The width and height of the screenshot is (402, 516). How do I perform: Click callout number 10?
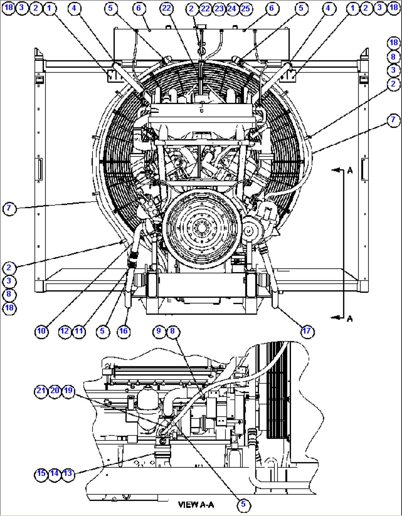[x=41, y=331]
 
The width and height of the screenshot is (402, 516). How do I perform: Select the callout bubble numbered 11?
[x=79, y=331]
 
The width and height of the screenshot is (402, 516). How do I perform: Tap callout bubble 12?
[x=65, y=331]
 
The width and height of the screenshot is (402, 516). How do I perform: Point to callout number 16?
[x=123, y=331]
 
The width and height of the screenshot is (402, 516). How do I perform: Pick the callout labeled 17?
[x=307, y=331]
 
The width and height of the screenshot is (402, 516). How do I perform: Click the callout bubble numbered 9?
[x=159, y=331]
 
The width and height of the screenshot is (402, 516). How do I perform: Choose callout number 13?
[x=68, y=473]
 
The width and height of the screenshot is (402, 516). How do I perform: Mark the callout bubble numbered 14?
[x=55, y=473]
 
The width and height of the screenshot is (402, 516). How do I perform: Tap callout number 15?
[x=41, y=473]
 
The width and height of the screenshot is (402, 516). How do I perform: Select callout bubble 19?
[x=68, y=390]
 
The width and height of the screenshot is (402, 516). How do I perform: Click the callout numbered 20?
[x=55, y=390]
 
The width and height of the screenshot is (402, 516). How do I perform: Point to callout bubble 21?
[x=41, y=390]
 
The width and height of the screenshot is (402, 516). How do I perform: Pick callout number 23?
[x=219, y=8]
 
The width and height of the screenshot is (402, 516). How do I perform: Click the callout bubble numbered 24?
[x=232, y=8]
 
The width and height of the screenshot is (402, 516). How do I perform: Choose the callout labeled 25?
[x=245, y=8]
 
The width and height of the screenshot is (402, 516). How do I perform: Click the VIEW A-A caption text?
[x=196, y=505]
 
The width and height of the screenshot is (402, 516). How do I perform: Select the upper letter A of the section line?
[x=350, y=170]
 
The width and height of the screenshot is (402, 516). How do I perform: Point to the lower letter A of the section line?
[x=350, y=318]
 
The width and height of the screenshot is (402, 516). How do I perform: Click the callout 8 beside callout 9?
[x=172, y=331]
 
